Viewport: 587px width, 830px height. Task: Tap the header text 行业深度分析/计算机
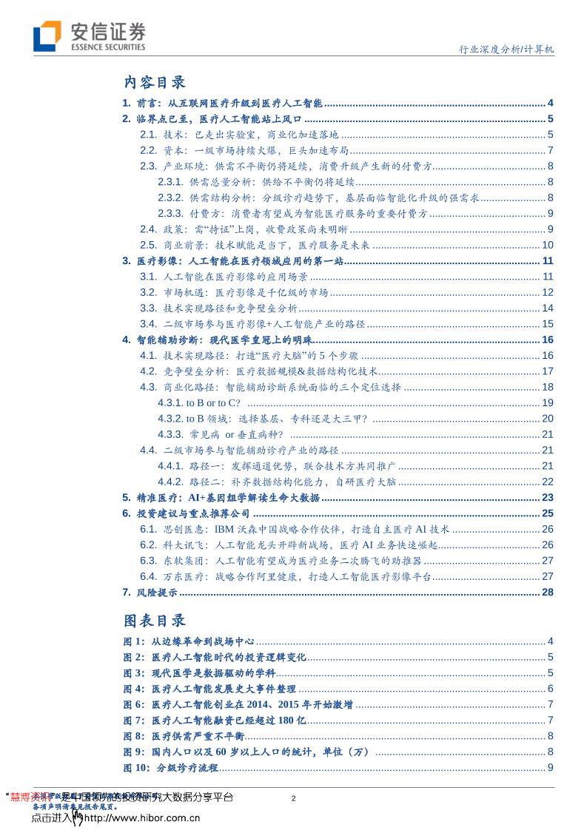pyautogui.click(x=503, y=50)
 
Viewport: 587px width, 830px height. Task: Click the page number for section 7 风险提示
pyautogui.click(x=548, y=592)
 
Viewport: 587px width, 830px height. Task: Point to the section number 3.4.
pyautogui.click(x=149, y=323)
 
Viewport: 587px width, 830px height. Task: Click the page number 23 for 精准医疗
pyautogui.click(x=548, y=498)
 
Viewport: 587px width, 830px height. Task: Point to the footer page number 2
pyautogui.click(x=294, y=798)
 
